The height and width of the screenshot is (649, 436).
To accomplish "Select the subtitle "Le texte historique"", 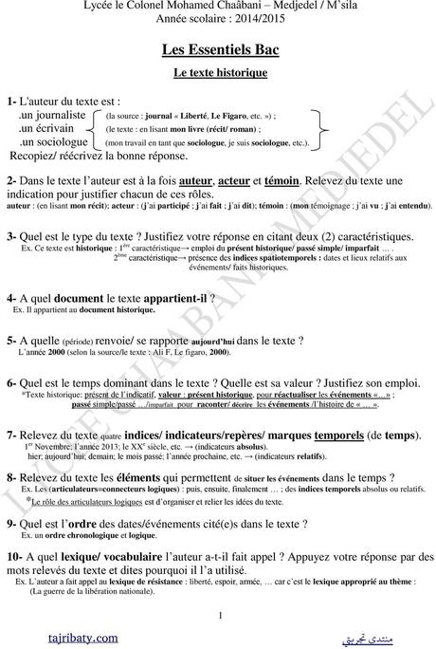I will click(x=218, y=72).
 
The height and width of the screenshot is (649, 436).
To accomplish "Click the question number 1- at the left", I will click(x=13, y=102).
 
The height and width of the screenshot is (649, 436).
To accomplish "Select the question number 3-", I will click(x=12, y=235).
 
